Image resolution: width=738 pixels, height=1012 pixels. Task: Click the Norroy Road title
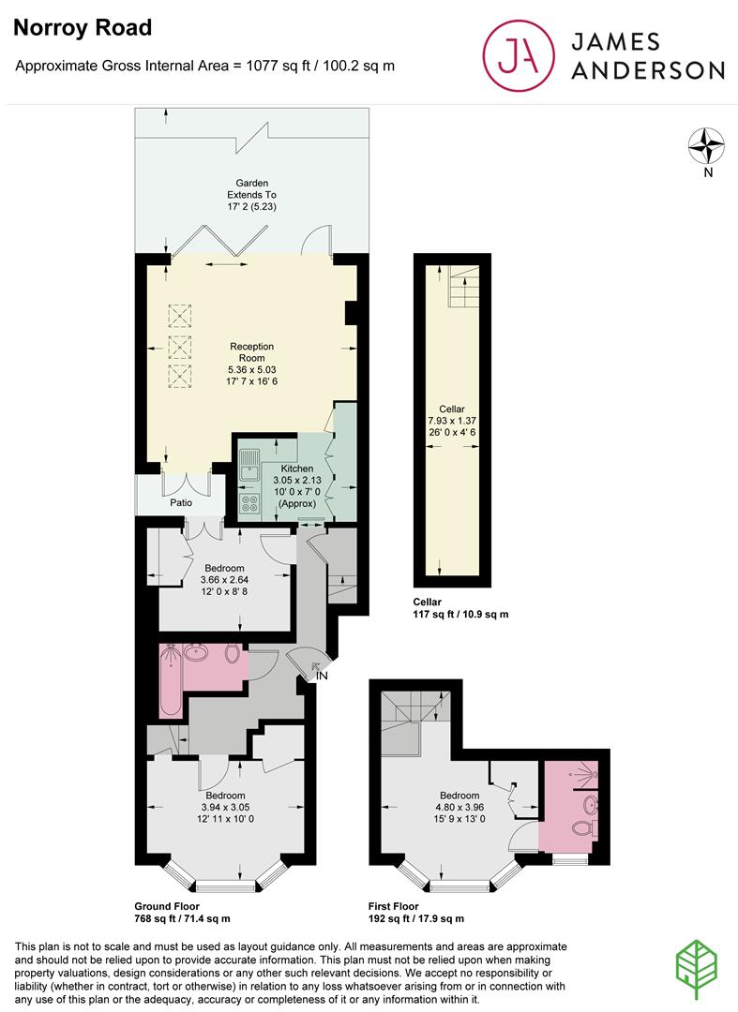pyautogui.click(x=83, y=28)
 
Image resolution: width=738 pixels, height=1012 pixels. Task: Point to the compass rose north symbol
pyautogui.click(x=708, y=146)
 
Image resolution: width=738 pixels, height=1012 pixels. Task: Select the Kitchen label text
pyautogui.click(x=297, y=468)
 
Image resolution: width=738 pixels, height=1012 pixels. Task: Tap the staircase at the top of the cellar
pyautogui.click(x=460, y=285)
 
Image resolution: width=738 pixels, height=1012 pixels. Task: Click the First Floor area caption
pyautogui.click(x=416, y=913)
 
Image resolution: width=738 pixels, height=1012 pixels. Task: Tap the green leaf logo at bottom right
pyautogui.click(x=700, y=965)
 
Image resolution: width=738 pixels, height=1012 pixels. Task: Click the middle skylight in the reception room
pyautogui.click(x=178, y=347)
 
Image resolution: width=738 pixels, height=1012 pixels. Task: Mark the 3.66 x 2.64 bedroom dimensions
pyautogui.click(x=224, y=580)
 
